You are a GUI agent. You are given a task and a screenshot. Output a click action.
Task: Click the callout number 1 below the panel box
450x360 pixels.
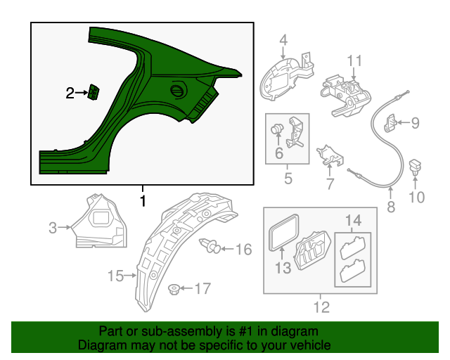coord(143,201)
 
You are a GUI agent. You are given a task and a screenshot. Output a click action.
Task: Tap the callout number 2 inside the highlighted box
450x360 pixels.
coord(70,93)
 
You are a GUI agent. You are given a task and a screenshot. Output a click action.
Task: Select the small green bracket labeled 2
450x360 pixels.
coord(94,93)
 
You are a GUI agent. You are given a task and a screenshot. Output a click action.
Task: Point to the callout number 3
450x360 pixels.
coord(53,227)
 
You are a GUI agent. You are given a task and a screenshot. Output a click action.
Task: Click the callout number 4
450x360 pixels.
coord(283,40)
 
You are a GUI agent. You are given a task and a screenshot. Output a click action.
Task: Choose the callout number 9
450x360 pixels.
coord(415,124)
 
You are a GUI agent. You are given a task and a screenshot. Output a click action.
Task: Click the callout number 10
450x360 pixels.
coord(417,197)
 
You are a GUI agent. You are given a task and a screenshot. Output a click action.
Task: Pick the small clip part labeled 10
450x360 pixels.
coord(416,167)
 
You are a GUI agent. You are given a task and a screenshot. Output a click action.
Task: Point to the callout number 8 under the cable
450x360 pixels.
coord(391,207)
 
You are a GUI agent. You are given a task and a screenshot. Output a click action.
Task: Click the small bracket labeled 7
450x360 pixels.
coord(329,155)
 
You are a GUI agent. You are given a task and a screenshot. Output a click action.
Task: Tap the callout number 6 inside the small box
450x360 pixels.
coord(278,152)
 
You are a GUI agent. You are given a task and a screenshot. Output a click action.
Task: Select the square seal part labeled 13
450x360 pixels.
coord(283,233)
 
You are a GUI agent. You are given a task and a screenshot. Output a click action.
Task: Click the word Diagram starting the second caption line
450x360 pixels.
coord(100,345)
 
